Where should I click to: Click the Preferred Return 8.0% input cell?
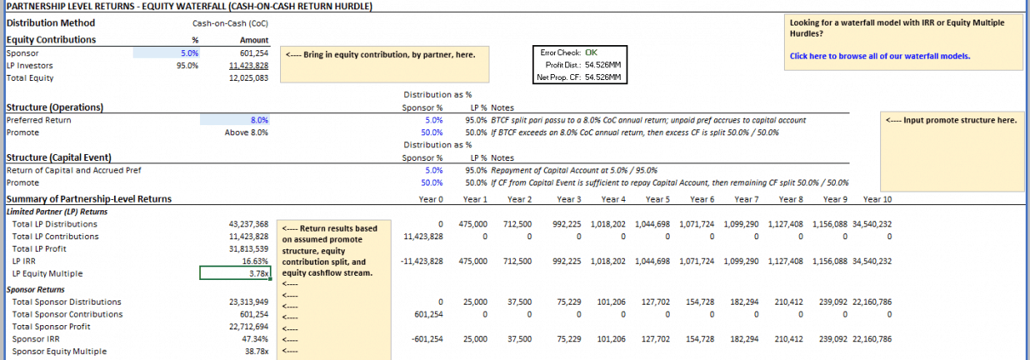coord(259,120)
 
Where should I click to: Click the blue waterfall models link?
coord(879,57)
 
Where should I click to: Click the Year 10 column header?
coord(877,199)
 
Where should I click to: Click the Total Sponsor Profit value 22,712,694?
coord(249,326)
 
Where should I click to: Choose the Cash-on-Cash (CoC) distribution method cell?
coord(231,24)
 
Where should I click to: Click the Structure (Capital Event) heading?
coord(60,157)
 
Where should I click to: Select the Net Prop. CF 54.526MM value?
coord(603,77)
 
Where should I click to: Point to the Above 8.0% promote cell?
coord(247,133)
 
